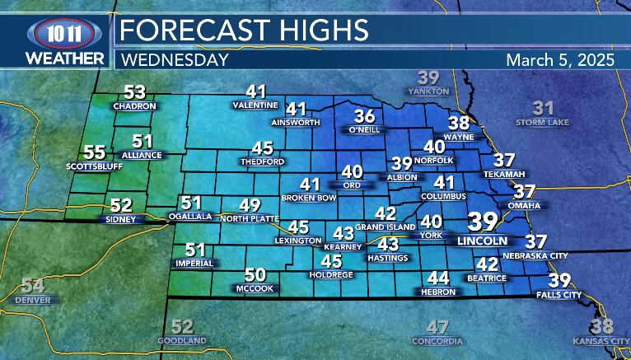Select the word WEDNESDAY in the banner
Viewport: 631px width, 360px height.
point(174,60)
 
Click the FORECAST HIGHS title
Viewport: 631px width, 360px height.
point(244,30)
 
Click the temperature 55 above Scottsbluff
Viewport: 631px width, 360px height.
point(95,152)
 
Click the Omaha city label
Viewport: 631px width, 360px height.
point(524,205)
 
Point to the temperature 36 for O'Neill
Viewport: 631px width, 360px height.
point(364,116)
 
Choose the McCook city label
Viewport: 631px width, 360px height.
point(255,288)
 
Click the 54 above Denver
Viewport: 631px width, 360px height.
point(32,286)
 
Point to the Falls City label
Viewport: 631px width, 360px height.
point(559,294)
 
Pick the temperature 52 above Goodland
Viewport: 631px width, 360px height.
point(182,326)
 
